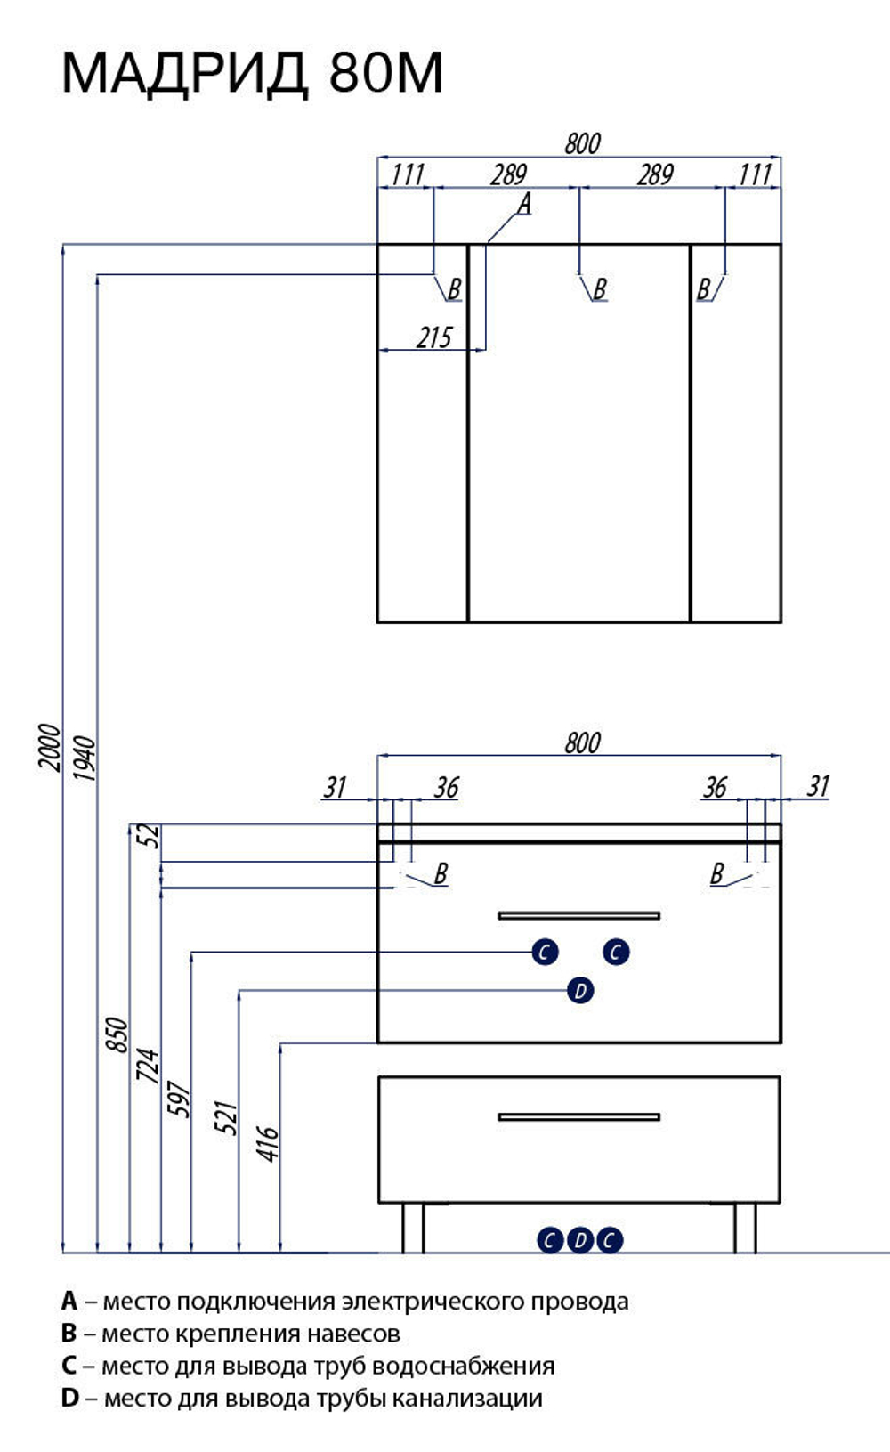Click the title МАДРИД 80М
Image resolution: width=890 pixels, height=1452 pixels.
(x=252, y=73)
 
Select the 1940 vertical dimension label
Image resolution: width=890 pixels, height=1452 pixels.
(x=85, y=758)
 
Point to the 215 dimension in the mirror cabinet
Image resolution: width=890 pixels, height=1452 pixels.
(x=433, y=337)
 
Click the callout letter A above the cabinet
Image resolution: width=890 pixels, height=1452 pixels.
(x=524, y=203)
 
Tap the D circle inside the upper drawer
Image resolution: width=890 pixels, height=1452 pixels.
(x=579, y=991)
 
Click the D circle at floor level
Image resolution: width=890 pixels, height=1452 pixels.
(x=580, y=1240)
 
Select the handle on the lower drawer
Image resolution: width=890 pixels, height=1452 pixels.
(x=578, y=1117)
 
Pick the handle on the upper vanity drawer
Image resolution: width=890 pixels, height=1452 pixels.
(x=578, y=915)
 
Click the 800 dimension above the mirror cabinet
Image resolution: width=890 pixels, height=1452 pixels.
(x=582, y=144)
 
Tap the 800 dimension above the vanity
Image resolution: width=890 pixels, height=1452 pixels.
(x=582, y=742)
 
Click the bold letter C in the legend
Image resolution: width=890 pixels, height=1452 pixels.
(x=69, y=1367)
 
